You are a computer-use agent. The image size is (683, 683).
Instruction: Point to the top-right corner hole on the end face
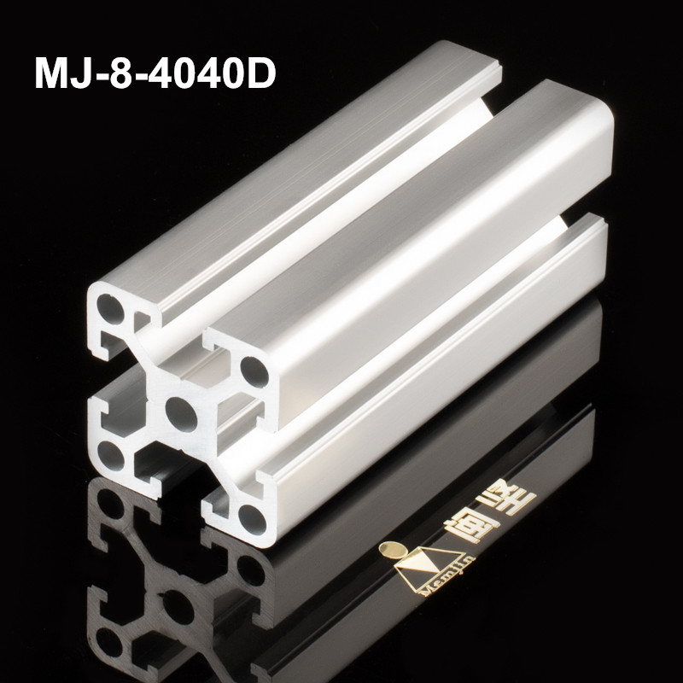click(x=253, y=370)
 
